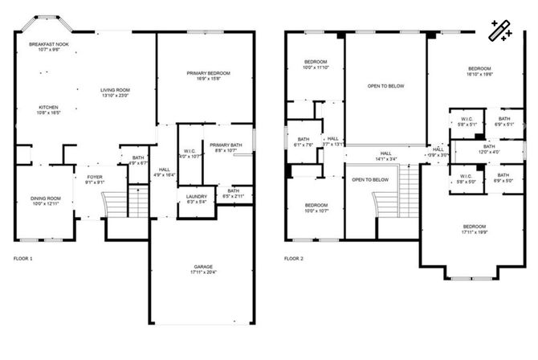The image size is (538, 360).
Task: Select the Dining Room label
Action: pyautogui.click(x=45, y=202)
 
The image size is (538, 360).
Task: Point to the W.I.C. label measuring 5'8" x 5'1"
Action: pyautogui.click(x=467, y=122)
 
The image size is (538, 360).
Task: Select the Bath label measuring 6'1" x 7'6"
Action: pyautogui.click(x=304, y=142)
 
